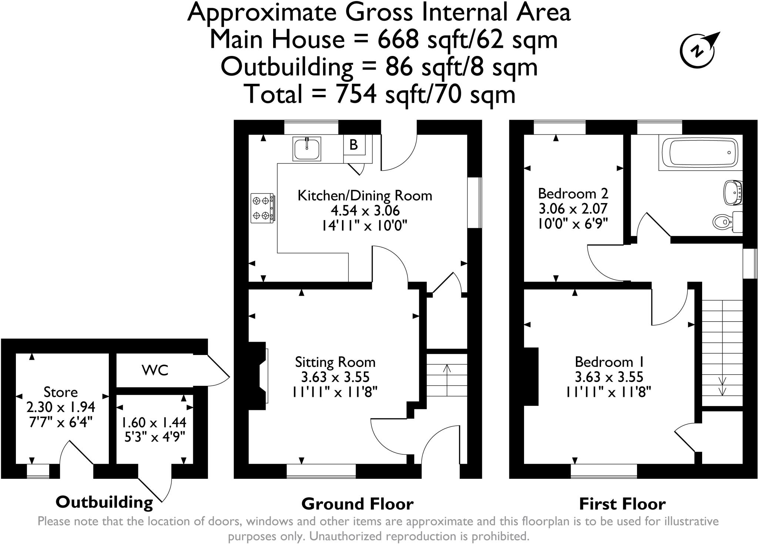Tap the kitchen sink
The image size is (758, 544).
coord(306,149)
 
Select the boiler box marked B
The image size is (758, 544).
coord(354,145)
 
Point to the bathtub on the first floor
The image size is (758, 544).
coord(698,152)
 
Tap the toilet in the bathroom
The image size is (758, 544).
coord(724,222)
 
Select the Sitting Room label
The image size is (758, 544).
coord(335,362)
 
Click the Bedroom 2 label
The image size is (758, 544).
coord(573,193)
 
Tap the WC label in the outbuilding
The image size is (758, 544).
coord(155,370)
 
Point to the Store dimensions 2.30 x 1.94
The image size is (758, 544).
coord(61,407)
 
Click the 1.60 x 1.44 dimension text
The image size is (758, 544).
coord(154,422)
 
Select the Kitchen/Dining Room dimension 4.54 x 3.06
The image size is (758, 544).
coord(365,210)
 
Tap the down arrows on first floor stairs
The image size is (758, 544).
coord(722,386)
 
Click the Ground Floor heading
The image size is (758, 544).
coord(357,504)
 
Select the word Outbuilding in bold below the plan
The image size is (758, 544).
coord(104,502)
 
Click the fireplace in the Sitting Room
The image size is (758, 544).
coord(261,375)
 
